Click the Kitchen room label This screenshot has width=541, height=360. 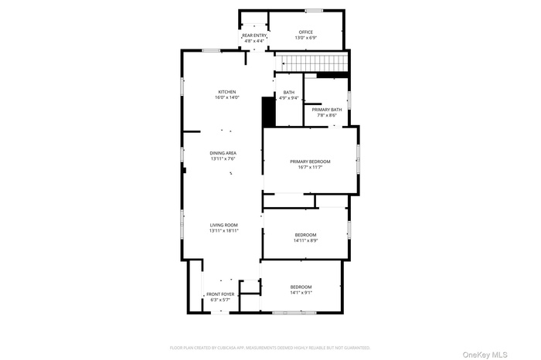click(x=227, y=92)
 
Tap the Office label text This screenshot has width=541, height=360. click(x=306, y=32)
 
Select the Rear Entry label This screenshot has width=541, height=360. click(x=254, y=36)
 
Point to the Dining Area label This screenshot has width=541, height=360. click(x=223, y=153)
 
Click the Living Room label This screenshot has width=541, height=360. click(x=223, y=225)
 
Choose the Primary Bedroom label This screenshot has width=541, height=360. click(x=310, y=161)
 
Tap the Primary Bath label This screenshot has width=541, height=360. click(x=327, y=110)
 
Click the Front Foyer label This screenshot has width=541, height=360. click(x=220, y=294)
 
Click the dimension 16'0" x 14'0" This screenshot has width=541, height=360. click(x=227, y=97)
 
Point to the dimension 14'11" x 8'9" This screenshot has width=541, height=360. click(x=305, y=240)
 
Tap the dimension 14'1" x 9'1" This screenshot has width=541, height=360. click(x=301, y=292)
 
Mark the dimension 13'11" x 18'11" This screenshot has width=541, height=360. click(x=223, y=230)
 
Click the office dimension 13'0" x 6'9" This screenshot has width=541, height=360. click(x=306, y=37)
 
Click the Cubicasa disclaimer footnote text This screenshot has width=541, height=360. click(x=270, y=348)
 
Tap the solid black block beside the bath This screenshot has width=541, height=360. click(x=269, y=111)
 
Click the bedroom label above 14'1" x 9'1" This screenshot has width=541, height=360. click(x=301, y=287)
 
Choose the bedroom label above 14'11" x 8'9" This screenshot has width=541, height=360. click(x=305, y=235)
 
